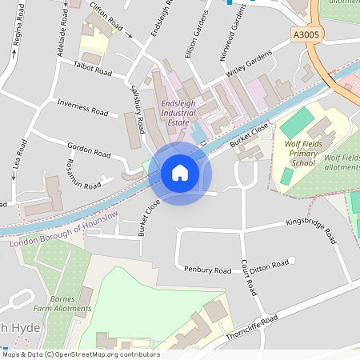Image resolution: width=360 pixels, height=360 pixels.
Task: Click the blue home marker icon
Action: (x=180, y=173)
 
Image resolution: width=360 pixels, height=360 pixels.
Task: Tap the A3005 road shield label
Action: (x=306, y=35)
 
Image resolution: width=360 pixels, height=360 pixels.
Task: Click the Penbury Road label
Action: (x=207, y=270)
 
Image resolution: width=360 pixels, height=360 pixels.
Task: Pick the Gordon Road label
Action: (x=89, y=150)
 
